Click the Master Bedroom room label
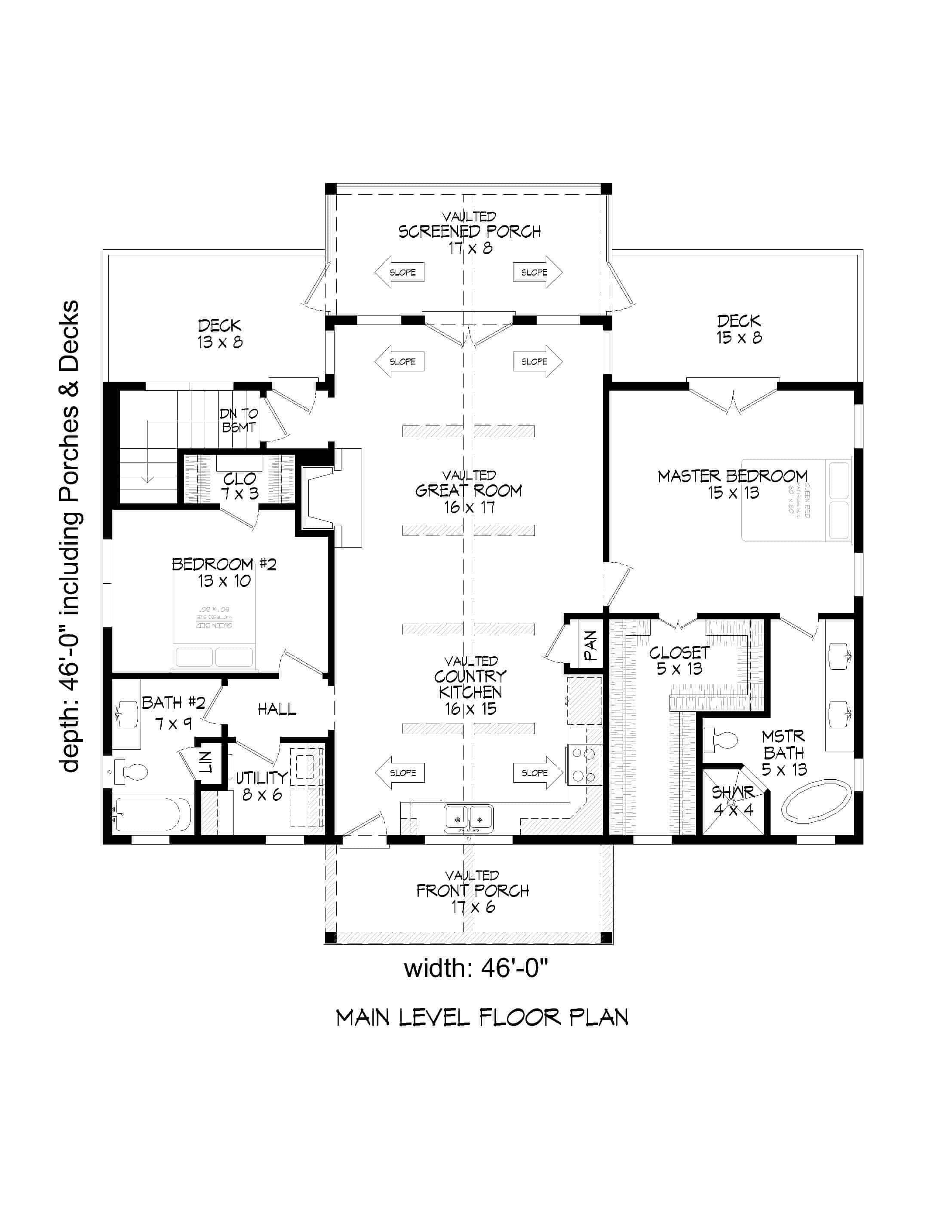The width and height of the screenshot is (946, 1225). [x=732, y=484]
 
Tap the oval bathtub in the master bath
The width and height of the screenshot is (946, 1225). [x=815, y=800]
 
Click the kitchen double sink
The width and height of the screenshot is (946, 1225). [x=469, y=818]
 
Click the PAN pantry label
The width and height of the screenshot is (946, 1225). [x=590, y=645]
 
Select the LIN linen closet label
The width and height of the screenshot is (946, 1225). [x=206, y=762]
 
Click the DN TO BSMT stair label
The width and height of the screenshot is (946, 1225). [x=239, y=420]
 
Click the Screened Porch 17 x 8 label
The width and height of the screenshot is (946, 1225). [x=470, y=232]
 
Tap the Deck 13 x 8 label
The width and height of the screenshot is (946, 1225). [x=219, y=333]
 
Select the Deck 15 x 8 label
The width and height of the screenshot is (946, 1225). [x=738, y=329]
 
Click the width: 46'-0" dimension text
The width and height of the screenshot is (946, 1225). [x=475, y=968]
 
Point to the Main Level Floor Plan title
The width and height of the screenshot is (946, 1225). [x=482, y=1017]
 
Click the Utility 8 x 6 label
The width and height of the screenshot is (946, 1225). [x=261, y=785]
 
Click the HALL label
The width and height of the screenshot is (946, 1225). [x=276, y=710]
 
